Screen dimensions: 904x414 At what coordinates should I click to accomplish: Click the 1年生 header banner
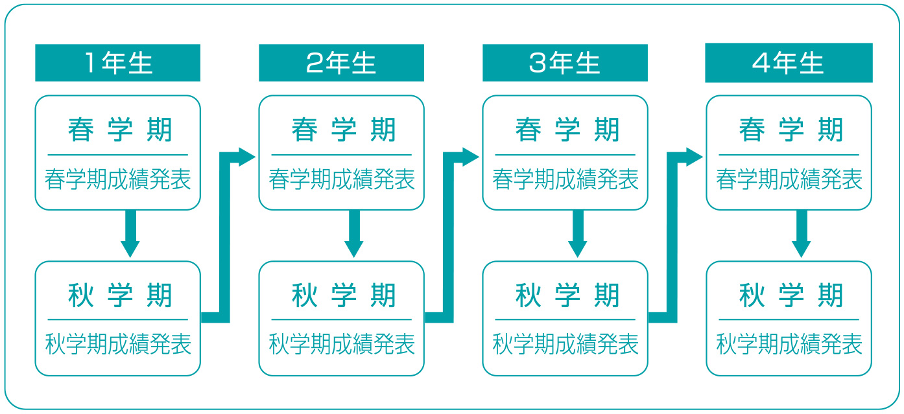(117, 63)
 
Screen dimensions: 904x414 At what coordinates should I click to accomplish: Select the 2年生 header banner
(341, 63)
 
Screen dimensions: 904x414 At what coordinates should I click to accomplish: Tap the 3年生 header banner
(565, 63)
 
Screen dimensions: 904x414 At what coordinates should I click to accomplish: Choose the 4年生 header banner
(789, 63)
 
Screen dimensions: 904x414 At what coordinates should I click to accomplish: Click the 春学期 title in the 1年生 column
(120, 130)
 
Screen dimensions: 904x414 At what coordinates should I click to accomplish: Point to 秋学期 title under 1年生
(120, 295)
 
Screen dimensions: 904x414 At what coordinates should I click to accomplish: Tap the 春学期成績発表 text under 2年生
(342, 179)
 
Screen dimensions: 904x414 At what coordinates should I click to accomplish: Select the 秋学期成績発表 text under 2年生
(342, 344)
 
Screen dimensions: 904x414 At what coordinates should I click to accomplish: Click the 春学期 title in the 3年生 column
(567, 130)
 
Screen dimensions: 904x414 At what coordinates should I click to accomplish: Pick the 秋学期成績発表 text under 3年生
(565, 344)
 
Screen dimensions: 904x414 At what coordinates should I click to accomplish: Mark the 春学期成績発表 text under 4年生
(789, 179)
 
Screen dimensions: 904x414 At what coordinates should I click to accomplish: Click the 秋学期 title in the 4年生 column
(791, 295)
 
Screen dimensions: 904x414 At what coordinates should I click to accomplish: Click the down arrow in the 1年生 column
(130, 234)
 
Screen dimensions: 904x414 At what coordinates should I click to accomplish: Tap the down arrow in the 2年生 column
(354, 234)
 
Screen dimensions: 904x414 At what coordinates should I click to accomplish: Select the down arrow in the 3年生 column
(578, 234)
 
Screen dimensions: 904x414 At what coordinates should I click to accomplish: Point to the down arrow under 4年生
(802, 234)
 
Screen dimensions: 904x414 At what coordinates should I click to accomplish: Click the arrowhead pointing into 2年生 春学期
(247, 157)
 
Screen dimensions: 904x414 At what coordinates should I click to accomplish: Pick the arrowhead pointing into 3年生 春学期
(471, 157)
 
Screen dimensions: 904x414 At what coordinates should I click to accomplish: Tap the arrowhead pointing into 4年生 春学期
(695, 157)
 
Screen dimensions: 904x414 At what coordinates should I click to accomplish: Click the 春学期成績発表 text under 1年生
(118, 179)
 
